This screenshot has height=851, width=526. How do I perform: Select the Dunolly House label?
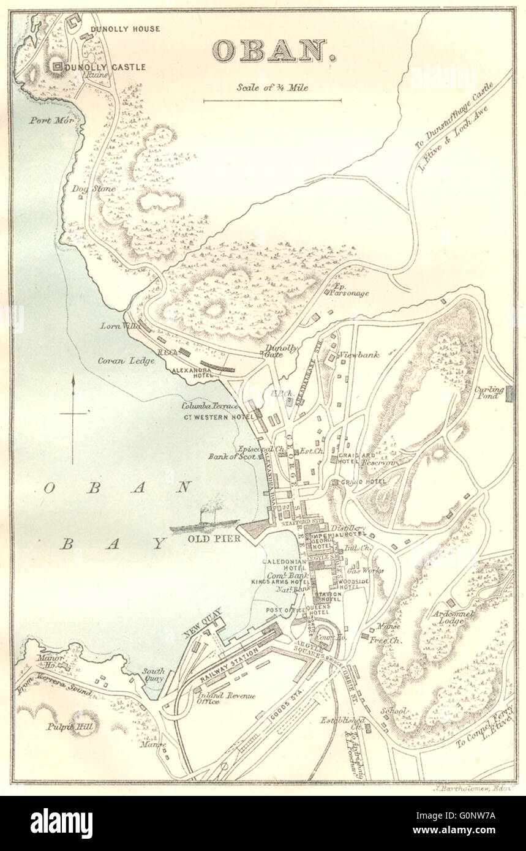point(125,29)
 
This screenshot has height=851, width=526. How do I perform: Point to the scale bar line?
point(272,100)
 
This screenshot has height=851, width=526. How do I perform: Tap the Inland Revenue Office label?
point(216,699)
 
